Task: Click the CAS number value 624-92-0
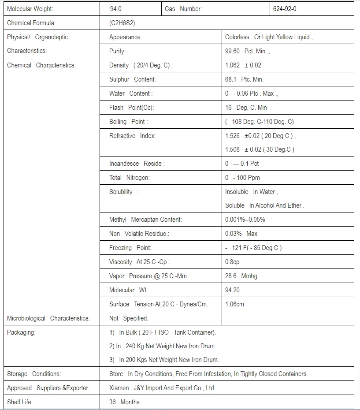[285, 9]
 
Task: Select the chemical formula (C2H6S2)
[125, 23]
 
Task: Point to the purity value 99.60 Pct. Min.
[247, 51]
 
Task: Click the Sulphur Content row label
[132, 79]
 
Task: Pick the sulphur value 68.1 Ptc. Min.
[244, 79]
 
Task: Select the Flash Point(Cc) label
[131, 108]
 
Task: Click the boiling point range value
[259, 122]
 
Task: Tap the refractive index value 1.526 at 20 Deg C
[260, 136]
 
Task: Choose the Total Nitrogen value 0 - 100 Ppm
[242, 178]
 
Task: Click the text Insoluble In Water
[251, 192]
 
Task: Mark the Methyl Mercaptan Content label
[145, 220]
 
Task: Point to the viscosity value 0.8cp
[232, 262]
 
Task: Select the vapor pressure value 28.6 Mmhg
[241, 276]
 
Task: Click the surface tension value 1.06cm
[234, 304]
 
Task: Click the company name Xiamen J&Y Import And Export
[161, 388]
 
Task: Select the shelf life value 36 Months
[125, 402]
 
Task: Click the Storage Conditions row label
[34, 374]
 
